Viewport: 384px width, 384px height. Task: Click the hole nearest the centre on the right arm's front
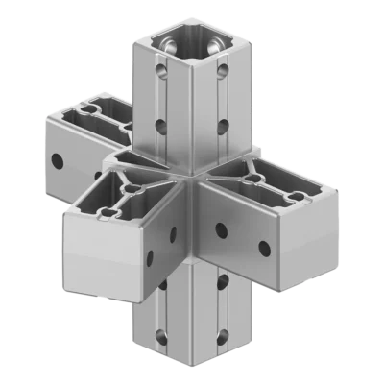[x=222, y=229]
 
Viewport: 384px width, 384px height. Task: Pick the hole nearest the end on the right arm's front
[x=265, y=249]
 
